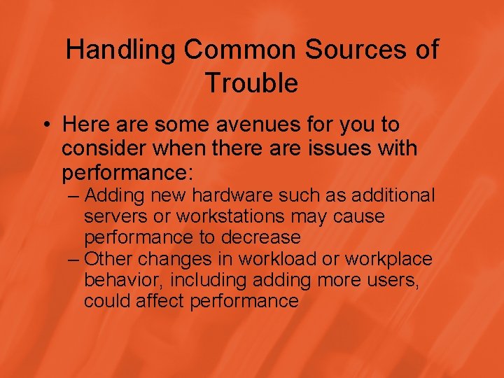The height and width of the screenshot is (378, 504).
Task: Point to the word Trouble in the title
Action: (x=252, y=83)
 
